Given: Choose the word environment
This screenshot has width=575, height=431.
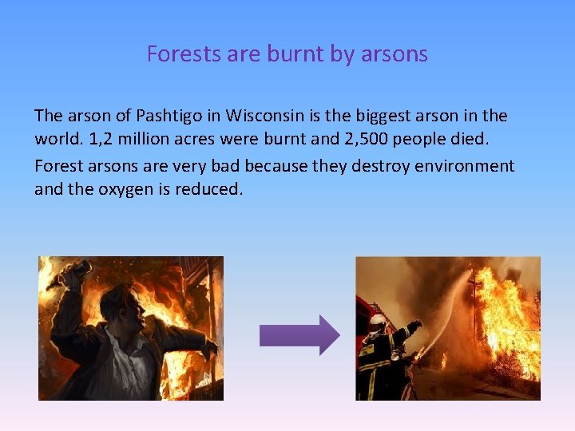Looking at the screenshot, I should tap(465, 166).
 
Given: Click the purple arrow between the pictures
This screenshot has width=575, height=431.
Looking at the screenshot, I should tap(299, 335).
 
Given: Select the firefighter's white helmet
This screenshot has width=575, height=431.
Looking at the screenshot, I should tap(377, 321).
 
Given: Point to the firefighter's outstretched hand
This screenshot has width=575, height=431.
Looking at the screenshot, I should tap(414, 326).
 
